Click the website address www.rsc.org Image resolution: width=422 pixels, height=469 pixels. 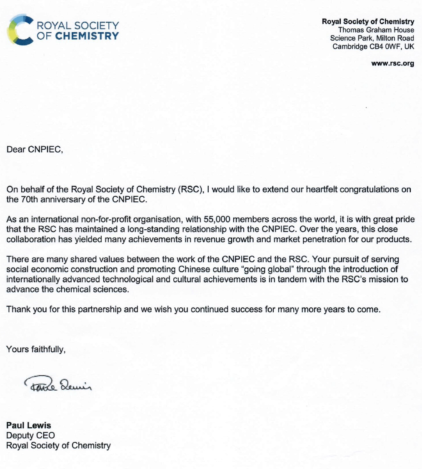pyautogui.click(x=392, y=64)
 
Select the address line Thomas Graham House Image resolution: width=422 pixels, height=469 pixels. pyautogui.click(x=376, y=30)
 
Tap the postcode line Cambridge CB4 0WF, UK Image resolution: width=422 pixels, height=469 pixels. pyautogui.click(x=373, y=47)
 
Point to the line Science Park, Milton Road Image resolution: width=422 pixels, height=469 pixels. pyautogui.click(x=372, y=38)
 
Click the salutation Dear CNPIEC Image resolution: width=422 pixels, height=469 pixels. pyautogui.click(x=35, y=150)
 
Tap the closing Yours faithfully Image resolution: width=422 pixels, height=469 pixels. pyautogui.click(x=36, y=349)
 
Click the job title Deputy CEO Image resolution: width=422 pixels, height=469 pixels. pyautogui.click(x=30, y=436)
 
